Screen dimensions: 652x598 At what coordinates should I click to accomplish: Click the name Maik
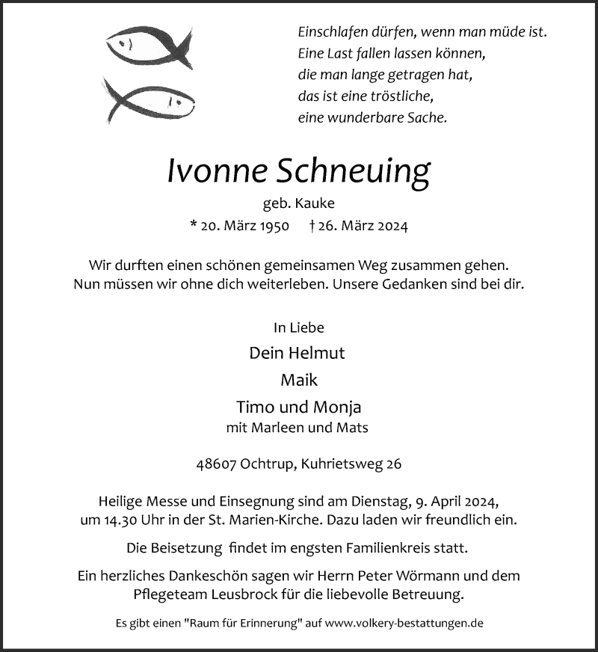coord(299,380)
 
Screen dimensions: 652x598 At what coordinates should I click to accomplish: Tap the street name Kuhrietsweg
coord(342,464)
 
